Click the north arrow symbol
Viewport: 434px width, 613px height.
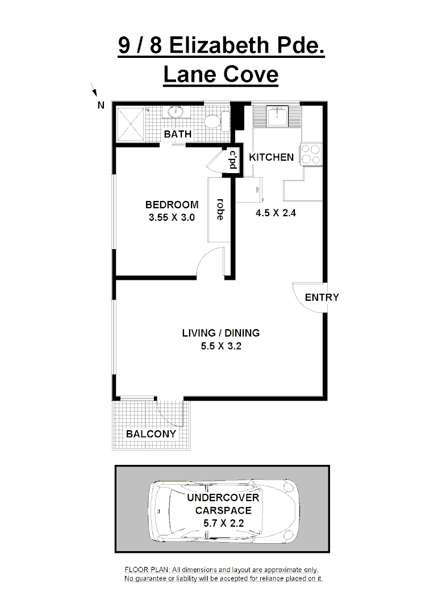coord(94,90)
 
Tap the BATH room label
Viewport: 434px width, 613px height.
coord(178,135)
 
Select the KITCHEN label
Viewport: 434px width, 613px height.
coord(272,157)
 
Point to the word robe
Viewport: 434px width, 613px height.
coord(219,208)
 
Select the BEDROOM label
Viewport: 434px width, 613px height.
coord(172,205)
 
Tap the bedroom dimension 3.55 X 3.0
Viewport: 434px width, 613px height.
coord(172,217)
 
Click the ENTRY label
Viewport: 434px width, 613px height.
coord(322,297)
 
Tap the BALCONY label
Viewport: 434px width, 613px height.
coord(151,434)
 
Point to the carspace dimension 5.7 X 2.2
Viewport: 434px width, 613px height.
coord(223,523)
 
